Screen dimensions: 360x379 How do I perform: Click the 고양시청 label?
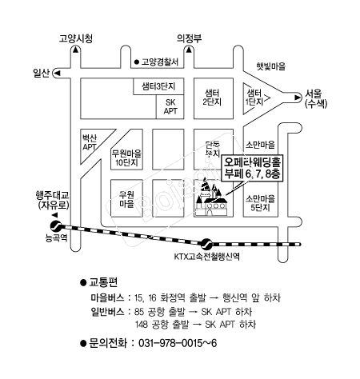76,38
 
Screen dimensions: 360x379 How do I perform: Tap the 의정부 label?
189,38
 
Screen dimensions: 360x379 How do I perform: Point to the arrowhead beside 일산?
58,73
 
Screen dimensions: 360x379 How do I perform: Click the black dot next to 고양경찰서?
137,62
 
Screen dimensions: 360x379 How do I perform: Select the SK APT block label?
170,106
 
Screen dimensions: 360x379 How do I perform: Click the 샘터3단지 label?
158,86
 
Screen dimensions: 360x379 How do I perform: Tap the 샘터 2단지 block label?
212,98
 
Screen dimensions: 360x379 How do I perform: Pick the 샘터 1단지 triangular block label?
254,98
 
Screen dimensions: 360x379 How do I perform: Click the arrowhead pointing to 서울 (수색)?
298,98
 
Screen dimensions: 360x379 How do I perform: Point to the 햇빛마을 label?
271,66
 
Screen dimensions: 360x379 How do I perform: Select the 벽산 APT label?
90,142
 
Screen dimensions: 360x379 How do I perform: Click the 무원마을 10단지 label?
126,158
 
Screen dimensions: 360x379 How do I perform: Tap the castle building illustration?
212,197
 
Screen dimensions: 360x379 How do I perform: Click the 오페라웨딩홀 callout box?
252,168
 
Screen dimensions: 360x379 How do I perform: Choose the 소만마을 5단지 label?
260,203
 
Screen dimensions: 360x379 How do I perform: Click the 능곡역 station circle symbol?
56,226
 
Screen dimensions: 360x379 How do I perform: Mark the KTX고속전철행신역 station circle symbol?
206,244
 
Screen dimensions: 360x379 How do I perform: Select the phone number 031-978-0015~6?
178,343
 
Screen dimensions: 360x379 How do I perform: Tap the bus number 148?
142,325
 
